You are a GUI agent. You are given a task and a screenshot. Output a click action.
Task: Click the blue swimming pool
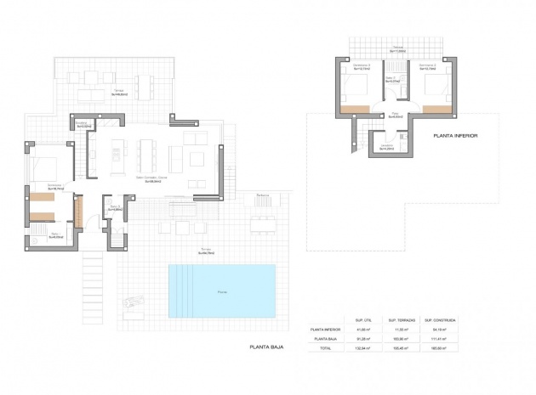[222, 290]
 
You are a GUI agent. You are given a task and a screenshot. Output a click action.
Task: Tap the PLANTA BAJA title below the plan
[265, 347]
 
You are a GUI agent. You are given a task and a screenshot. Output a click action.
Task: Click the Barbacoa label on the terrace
[262, 195]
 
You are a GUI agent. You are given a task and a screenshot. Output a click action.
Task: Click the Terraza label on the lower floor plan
[396, 48]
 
